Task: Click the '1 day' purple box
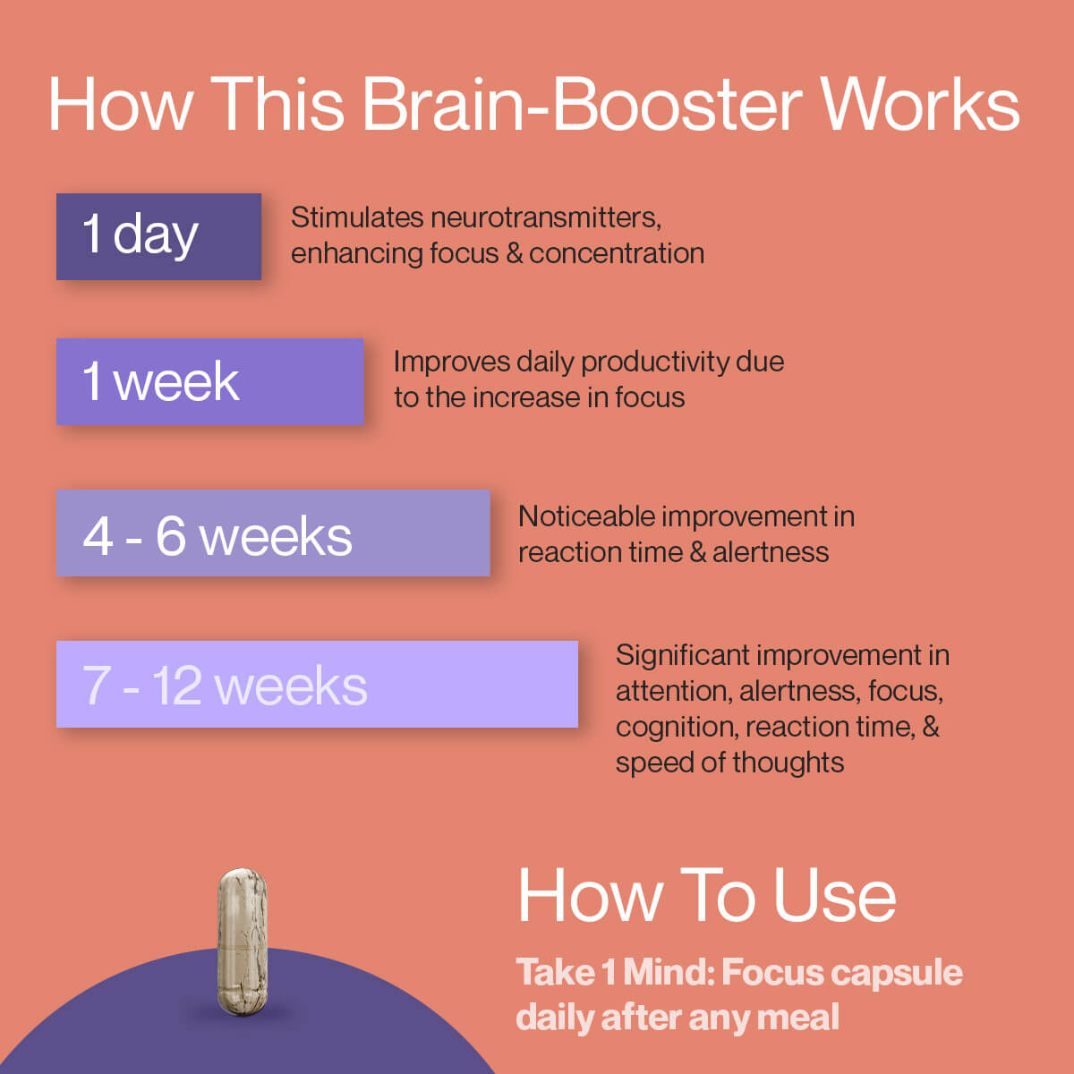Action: pyautogui.click(x=158, y=236)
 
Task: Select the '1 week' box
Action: pyautogui.click(x=209, y=381)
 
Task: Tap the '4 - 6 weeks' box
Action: pyautogui.click(x=273, y=533)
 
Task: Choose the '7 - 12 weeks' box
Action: pyautogui.click(x=317, y=684)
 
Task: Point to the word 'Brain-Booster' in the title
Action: pyautogui.click(x=582, y=105)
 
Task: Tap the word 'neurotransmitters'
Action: pyautogui.click(x=545, y=217)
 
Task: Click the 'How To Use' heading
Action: pyautogui.click(x=707, y=895)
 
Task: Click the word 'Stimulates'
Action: pyautogui.click(x=357, y=217)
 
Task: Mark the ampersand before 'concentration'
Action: pyautogui.click(x=514, y=253)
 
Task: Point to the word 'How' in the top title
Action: pyautogui.click(x=120, y=105)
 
